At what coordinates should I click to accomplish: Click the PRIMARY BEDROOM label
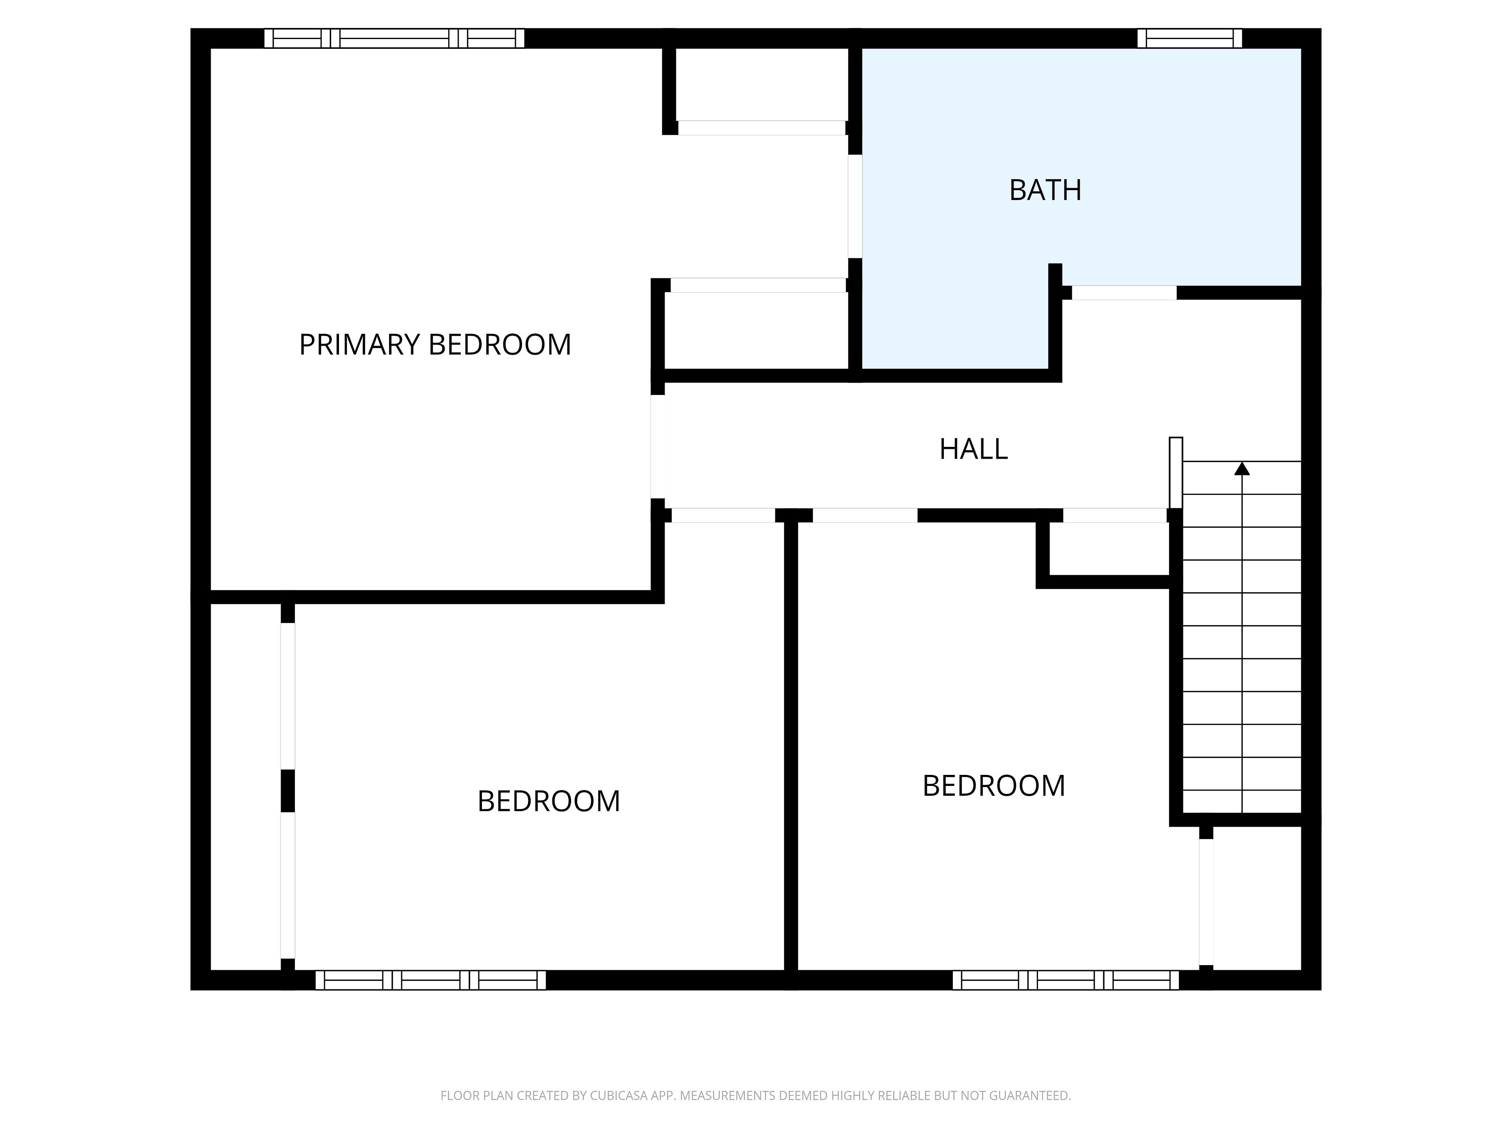coord(435,345)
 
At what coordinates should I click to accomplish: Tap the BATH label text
coord(1045,190)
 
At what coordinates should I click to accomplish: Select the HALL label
coord(973,449)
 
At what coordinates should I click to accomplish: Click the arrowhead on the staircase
coord(1242,468)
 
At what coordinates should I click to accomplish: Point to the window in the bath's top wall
coord(1190,38)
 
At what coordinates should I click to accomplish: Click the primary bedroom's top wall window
coord(395,38)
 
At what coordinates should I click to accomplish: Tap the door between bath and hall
coord(1124,293)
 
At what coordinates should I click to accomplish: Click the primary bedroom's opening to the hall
coord(658,447)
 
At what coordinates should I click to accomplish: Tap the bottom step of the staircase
coord(1242,802)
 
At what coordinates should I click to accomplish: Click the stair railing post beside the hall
coord(1176,472)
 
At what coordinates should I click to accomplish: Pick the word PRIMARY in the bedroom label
coord(358,345)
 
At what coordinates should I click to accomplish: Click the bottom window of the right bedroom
coord(1065,980)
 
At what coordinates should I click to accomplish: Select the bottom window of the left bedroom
coord(431,980)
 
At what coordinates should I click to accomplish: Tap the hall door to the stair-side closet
coord(1115,515)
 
